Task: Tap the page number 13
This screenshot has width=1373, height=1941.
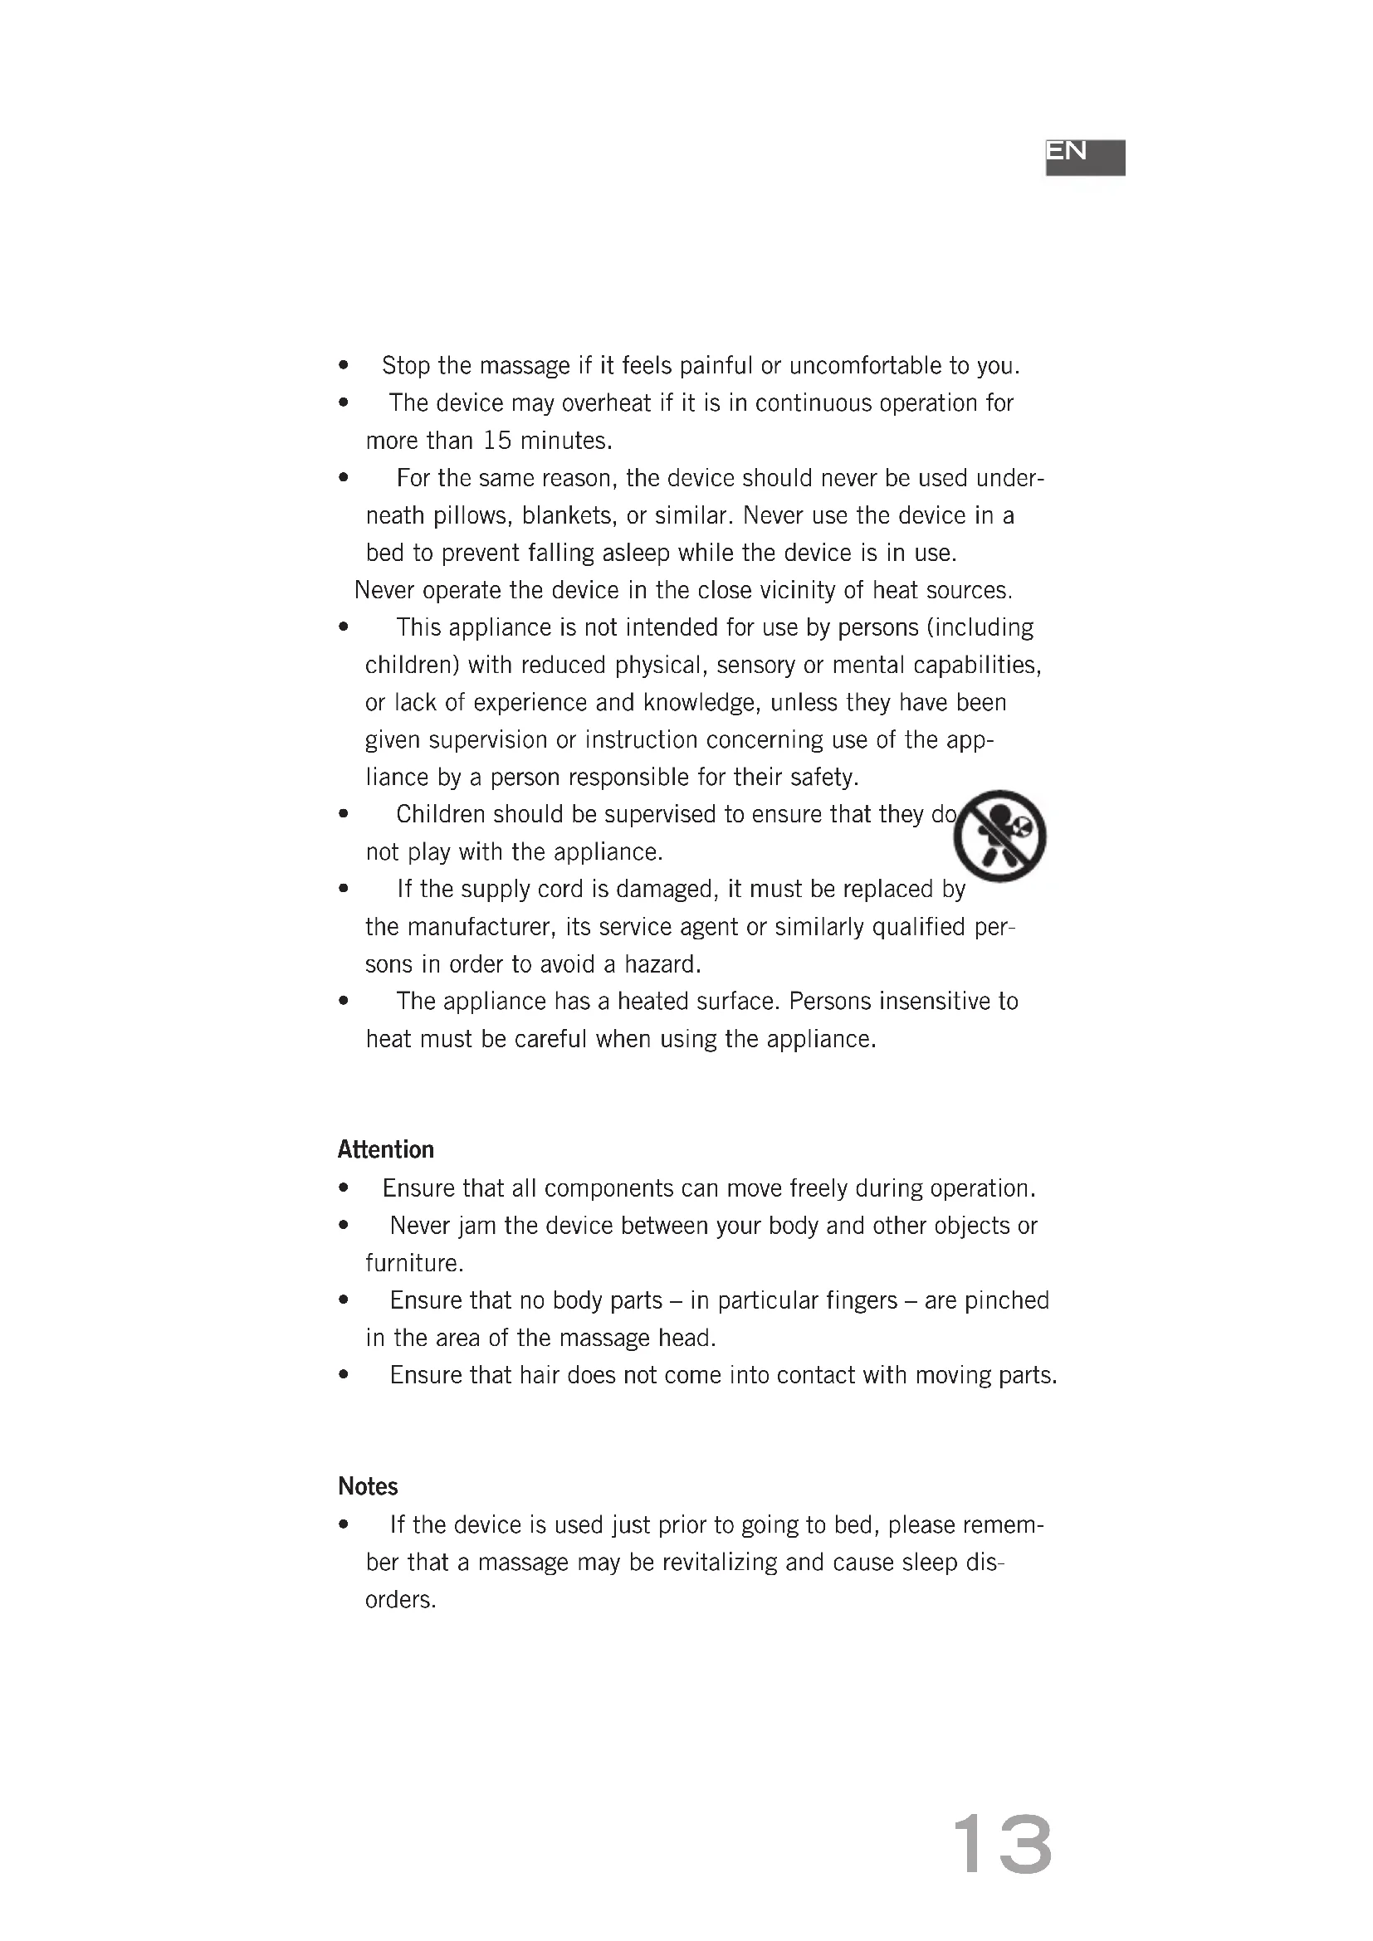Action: pos(1002,1845)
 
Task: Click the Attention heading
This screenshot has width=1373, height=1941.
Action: pos(385,1149)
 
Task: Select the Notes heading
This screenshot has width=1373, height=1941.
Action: pos(368,1486)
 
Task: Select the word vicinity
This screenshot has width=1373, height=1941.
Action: pos(786,590)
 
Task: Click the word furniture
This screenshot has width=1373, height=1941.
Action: pos(413,1264)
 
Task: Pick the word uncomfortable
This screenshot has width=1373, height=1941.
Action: pos(865,366)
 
